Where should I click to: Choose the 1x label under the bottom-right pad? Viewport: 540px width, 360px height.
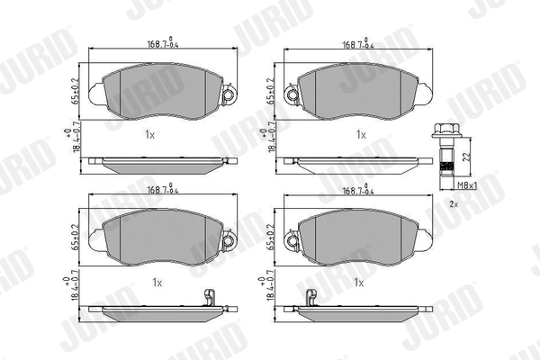tap(359, 283)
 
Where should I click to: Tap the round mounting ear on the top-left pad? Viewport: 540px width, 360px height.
tap(227, 94)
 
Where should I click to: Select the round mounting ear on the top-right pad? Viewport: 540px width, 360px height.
tap(292, 94)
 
